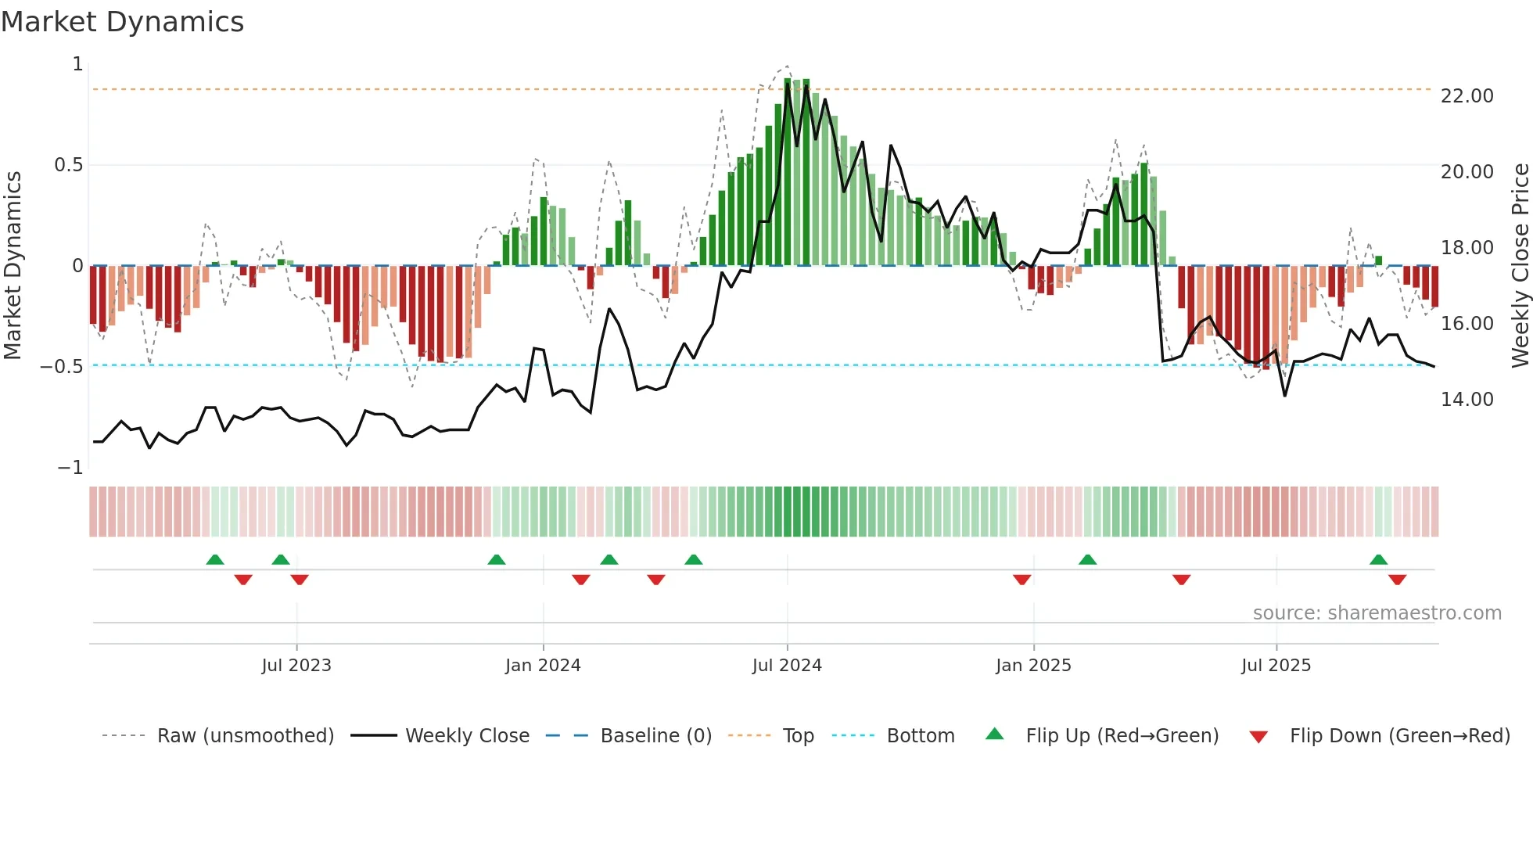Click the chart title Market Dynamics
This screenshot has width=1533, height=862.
coord(122,22)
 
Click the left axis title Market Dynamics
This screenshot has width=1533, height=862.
coord(13,265)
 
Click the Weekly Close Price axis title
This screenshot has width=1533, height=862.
coord(1520,265)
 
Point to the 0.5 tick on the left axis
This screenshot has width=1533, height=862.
coord(68,165)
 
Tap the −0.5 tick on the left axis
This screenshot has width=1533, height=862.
coord(62,366)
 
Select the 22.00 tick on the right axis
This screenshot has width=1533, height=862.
coord(1467,96)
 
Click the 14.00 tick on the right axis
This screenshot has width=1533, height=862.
coord(1467,400)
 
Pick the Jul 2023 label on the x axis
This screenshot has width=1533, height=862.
coord(296,666)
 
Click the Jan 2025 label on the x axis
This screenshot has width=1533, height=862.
coord(1033,666)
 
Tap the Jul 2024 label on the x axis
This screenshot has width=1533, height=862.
coord(787,666)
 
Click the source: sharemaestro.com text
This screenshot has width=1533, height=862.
coord(1377,613)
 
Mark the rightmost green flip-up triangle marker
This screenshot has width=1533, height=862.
coord(1378,560)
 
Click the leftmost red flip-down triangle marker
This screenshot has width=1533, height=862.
coord(243,580)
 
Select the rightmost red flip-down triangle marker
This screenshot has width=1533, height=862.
coord(1397,580)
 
